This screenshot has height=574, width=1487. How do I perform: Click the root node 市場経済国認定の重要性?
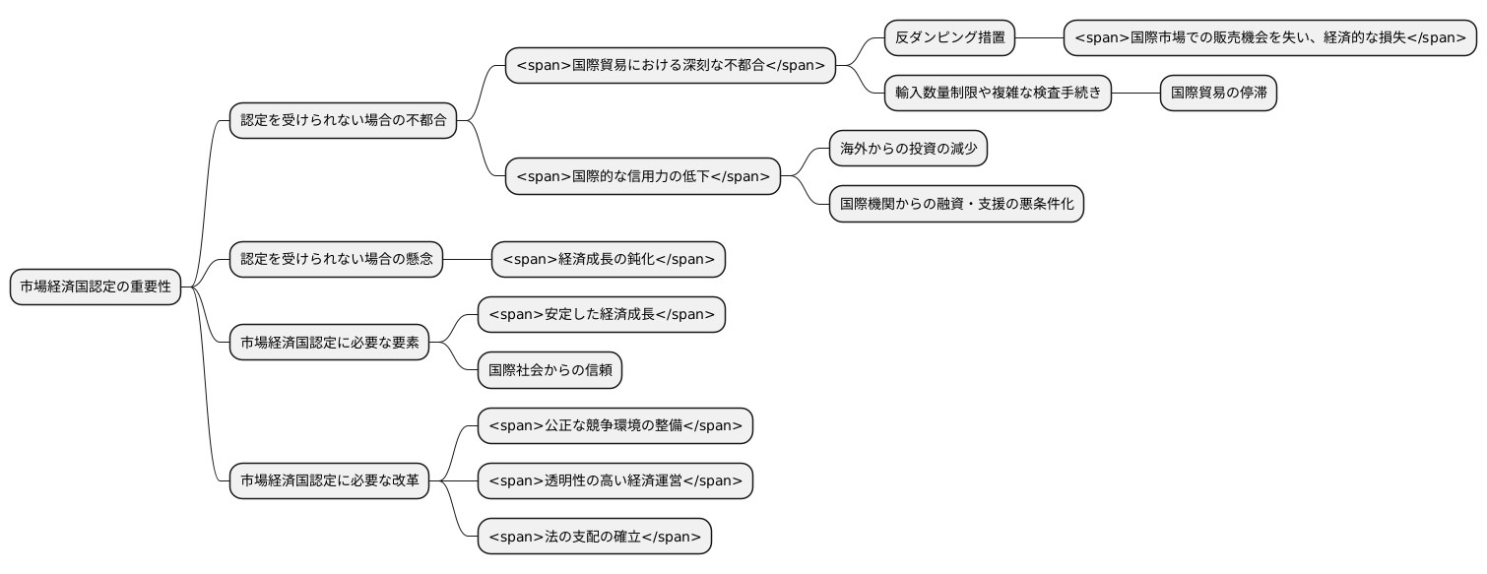pos(96,287)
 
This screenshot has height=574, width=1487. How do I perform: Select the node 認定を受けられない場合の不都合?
pos(343,121)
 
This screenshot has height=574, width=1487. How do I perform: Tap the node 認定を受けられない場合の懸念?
pos(336,260)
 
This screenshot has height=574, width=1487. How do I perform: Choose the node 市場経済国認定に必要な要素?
pos(329,343)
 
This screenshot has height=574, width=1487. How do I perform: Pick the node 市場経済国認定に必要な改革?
pos(329,481)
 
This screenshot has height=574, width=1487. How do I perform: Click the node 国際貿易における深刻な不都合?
pos(670,66)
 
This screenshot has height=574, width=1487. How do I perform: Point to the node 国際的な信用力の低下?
pos(642,177)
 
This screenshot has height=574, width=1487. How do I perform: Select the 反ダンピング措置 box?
pos(949,38)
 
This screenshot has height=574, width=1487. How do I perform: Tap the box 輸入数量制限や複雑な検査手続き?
pos(998,94)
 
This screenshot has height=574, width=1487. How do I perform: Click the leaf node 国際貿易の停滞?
pos(1218,94)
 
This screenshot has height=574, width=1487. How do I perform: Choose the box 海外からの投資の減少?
pos(908,149)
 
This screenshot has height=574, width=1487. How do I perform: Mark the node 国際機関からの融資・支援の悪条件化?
pos(955,204)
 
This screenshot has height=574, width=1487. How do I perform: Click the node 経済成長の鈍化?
pos(608,260)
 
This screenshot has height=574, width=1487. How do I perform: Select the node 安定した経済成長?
pos(601,315)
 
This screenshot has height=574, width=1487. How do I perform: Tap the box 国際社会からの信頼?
pos(550,370)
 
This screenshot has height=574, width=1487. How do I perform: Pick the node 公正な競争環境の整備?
pos(614,426)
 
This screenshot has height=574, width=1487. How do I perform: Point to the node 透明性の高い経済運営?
pos(614,481)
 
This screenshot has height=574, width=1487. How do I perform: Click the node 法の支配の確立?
pos(594,537)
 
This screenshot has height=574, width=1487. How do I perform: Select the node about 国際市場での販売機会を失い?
pos(1270,38)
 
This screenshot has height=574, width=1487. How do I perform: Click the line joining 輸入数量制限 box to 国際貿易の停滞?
pos(1135,94)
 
